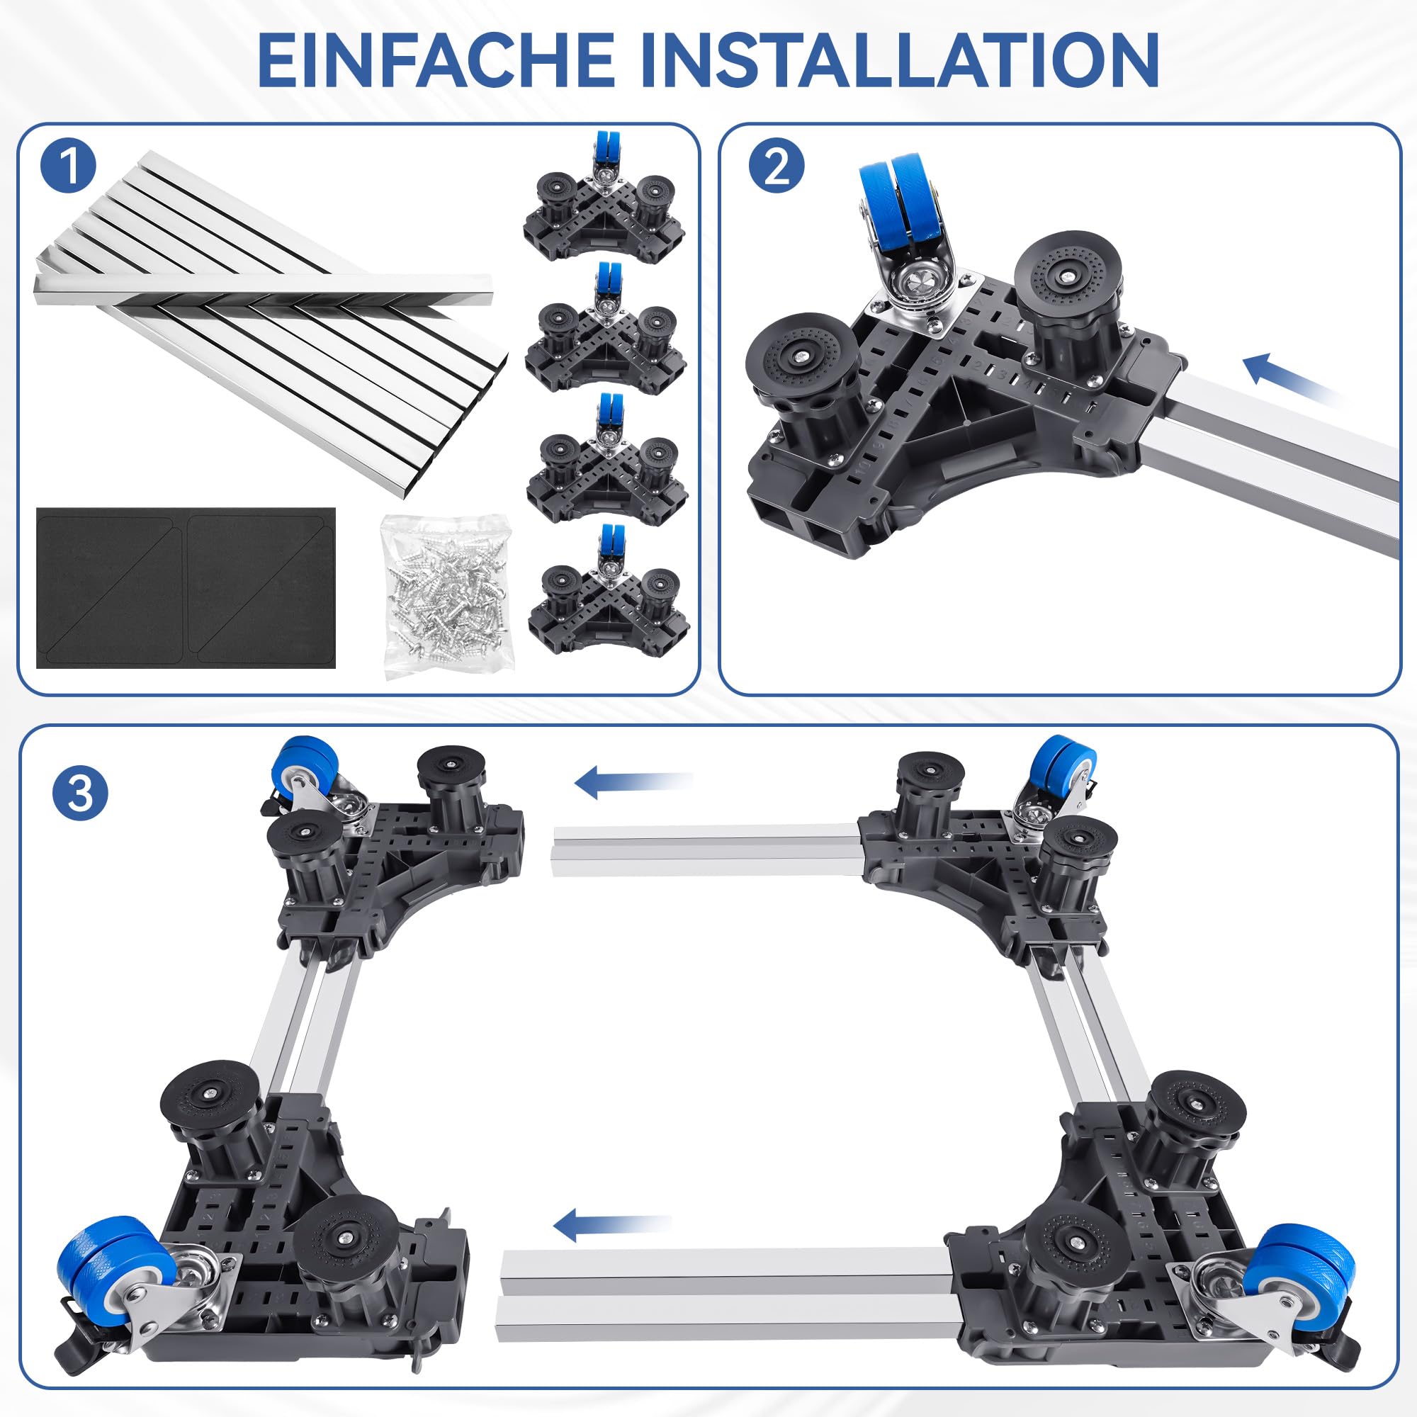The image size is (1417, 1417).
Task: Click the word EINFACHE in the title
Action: click(x=436, y=60)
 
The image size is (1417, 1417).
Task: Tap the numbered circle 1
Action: click(x=69, y=167)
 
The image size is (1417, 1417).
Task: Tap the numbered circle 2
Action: click(x=777, y=167)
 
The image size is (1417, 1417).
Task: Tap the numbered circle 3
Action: click(x=80, y=794)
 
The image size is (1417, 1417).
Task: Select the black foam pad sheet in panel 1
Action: click(x=186, y=587)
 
